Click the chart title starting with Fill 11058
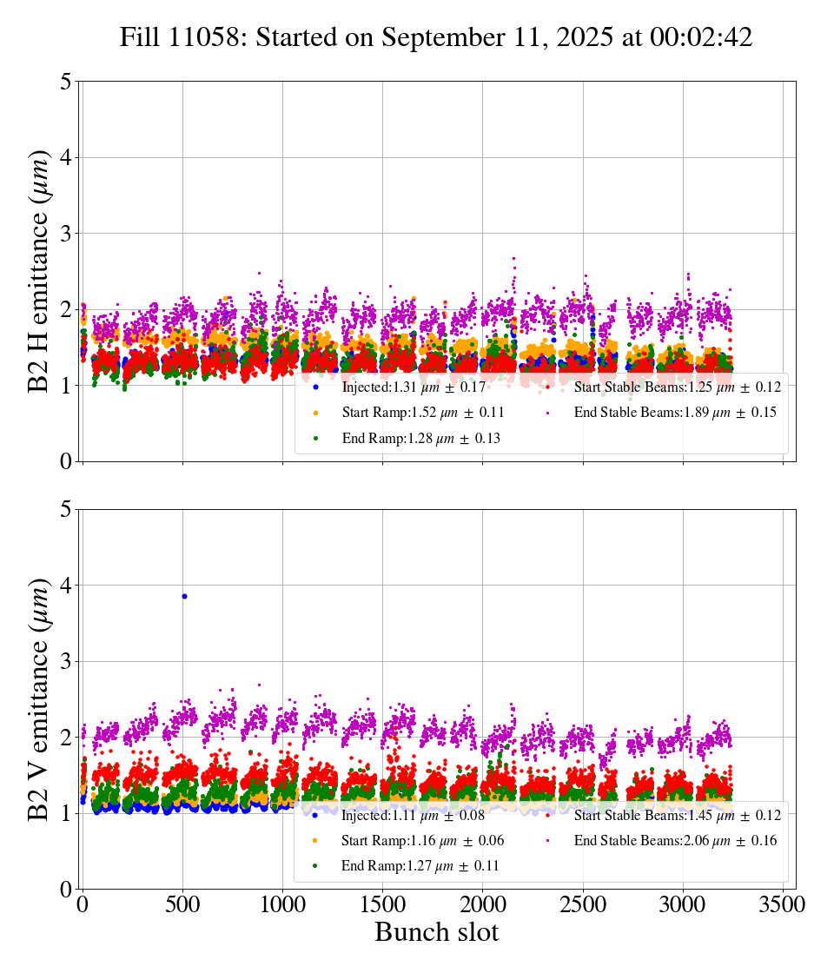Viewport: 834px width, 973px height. pyautogui.click(x=436, y=37)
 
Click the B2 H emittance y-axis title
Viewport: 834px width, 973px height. pyautogui.click(x=39, y=271)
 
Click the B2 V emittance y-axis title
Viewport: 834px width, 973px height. pyautogui.click(x=39, y=698)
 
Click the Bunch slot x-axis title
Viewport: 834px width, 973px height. pyautogui.click(x=436, y=933)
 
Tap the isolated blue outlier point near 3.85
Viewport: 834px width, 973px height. pyautogui.click(x=184, y=596)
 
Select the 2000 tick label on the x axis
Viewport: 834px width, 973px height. pyautogui.click(x=482, y=903)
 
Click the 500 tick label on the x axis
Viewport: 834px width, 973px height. pyautogui.click(x=182, y=903)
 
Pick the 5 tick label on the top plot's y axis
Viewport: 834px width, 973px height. pyautogui.click(x=65, y=82)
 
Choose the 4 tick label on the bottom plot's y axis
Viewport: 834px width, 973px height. pyautogui.click(x=65, y=586)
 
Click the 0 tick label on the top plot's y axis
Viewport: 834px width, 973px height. pyautogui.click(x=65, y=461)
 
